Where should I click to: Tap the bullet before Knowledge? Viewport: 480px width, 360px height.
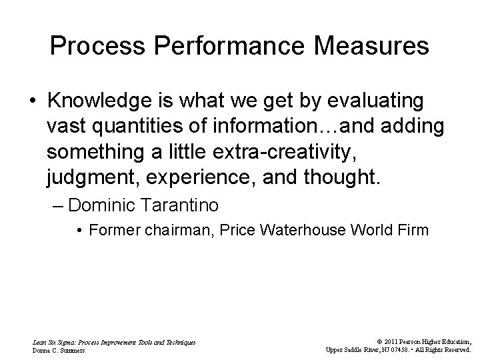[x=32, y=101]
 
